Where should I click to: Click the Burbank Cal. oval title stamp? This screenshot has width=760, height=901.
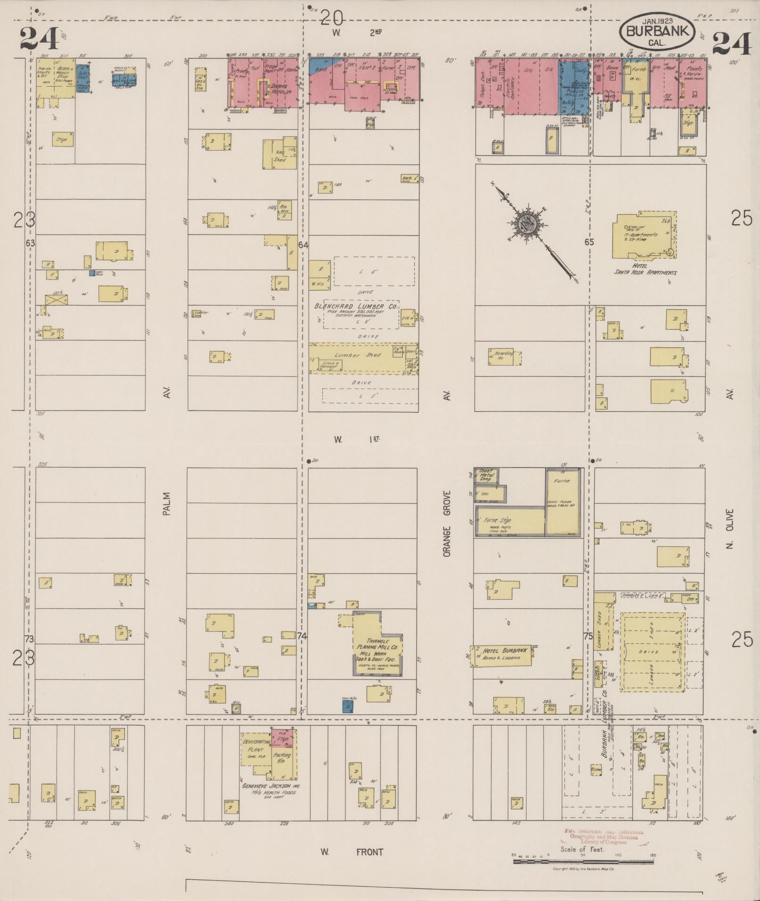coord(657,31)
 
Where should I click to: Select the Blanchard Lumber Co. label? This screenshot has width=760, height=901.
coord(356,306)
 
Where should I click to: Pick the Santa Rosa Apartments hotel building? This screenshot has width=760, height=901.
coord(645,235)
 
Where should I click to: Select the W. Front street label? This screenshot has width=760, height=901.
coord(351,852)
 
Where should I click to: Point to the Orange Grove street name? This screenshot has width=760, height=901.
coord(447,523)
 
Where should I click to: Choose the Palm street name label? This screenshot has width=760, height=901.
coord(166,503)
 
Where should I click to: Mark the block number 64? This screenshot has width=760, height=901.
coord(303,245)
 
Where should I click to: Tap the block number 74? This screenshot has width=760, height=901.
coord(302,636)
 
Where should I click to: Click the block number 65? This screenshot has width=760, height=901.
coord(589,242)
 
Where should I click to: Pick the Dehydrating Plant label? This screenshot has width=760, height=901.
coord(255,749)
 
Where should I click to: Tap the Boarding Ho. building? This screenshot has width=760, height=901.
coord(500,357)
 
